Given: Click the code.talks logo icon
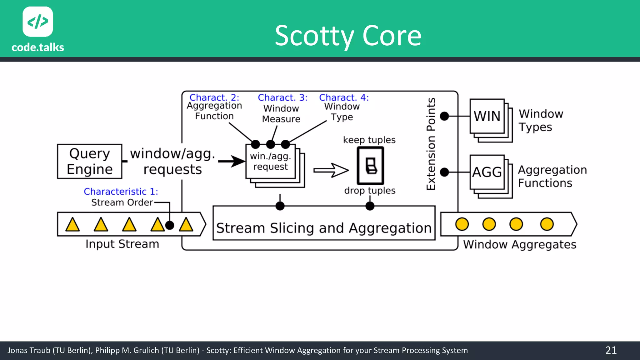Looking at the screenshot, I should coord(38,22).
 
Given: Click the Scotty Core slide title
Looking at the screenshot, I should coord(348,36).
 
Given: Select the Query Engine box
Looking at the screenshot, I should coord(90,161).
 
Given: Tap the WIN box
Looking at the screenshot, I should coord(487,116).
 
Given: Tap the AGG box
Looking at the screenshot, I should coord(487,172).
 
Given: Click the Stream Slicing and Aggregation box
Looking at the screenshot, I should coord(324,227).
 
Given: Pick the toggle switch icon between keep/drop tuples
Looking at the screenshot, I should coord(371,166).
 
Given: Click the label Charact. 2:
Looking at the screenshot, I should coord(214,97).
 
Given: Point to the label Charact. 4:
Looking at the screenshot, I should coord(344,97).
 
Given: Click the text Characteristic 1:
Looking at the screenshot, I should coord(121,191).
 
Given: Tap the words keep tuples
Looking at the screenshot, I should coord(369,140).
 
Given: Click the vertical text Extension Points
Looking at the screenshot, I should coord(431,144).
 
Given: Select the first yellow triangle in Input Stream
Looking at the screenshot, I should coord(72,225).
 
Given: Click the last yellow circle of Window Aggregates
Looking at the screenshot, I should coord(547,224).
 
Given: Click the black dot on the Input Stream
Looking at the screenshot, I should coord(169,225).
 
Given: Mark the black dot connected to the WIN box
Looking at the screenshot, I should coord(444,116).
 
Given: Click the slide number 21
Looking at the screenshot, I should coord(611,350).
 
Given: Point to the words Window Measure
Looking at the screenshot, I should coord(281,114).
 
